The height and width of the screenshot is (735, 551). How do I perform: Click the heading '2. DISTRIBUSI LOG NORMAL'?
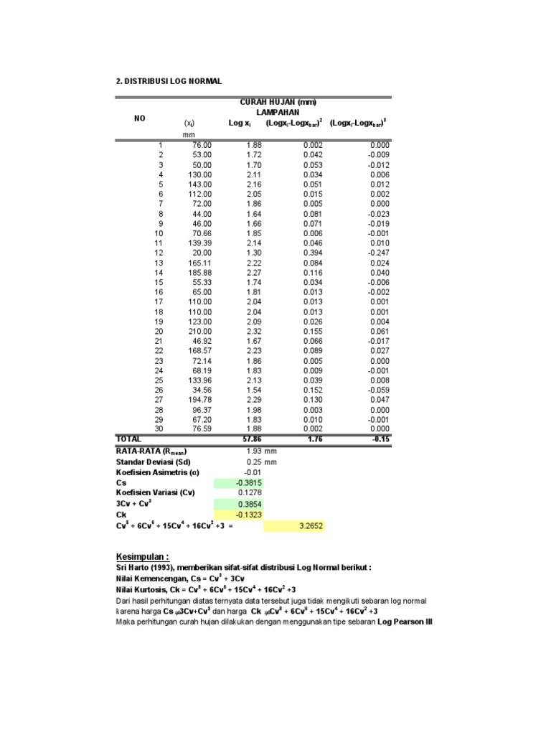pyautogui.click(x=169, y=80)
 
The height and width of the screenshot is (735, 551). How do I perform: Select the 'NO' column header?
pyautogui.click(x=140, y=118)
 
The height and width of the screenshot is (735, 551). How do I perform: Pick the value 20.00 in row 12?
pyautogui.click(x=203, y=253)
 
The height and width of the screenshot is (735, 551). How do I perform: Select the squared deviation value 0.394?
pyautogui.click(x=313, y=253)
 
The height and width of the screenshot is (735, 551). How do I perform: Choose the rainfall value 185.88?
pyautogui.click(x=201, y=272)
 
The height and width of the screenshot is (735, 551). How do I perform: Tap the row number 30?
pyautogui.click(x=159, y=428)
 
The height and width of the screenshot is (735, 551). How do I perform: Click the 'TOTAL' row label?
pyautogui.click(x=130, y=438)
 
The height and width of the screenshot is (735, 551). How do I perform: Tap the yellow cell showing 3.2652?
pyautogui.click(x=293, y=527)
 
